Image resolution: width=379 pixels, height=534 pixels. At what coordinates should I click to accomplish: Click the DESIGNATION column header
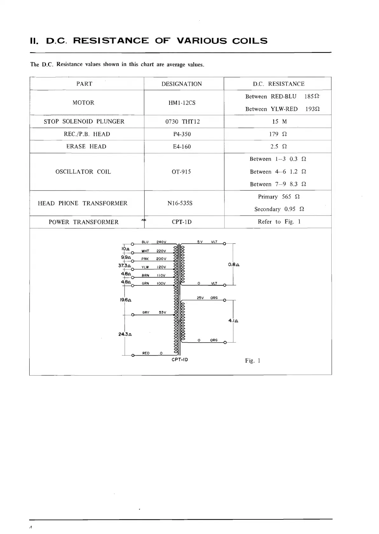[182, 84]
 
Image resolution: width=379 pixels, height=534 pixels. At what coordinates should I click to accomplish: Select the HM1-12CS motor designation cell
[182, 103]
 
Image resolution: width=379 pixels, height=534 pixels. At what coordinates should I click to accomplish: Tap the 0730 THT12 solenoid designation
[183, 121]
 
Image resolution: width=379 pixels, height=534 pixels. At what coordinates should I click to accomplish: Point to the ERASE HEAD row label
[86, 146]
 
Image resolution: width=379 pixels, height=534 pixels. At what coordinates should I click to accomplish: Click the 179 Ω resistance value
[278, 134]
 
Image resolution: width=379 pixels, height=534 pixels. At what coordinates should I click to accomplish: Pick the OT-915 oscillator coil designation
[181, 172]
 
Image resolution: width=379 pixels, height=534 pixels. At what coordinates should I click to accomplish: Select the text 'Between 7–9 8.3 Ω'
[278, 184]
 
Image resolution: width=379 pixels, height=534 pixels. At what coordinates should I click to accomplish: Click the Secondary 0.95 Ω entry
[279, 209]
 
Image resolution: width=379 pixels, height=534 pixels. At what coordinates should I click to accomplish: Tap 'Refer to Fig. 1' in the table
[279, 222]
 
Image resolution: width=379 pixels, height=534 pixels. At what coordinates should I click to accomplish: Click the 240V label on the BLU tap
[161, 242]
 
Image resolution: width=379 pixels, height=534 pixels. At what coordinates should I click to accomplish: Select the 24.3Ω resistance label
[125, 334]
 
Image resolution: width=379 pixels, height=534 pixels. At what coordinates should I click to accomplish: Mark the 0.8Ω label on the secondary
[234, 264]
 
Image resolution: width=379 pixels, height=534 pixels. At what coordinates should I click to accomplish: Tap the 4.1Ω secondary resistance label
[233, 321]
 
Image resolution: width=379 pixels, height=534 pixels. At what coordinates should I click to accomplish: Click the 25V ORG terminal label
[207, 298]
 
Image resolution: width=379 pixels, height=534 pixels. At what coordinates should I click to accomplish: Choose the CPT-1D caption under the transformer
[180, 360]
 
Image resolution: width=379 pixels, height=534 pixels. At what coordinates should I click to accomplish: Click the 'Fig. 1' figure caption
[252, 361]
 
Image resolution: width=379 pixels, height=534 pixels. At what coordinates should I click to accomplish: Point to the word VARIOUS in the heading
[202, 41]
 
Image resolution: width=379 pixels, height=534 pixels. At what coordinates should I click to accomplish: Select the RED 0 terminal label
[152, 353]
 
